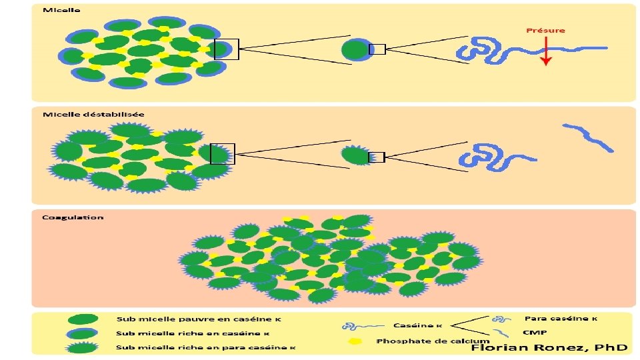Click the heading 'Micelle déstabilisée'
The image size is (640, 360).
[93, 114]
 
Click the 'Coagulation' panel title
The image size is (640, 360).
[73, 217]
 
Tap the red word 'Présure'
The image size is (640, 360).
[545, 30]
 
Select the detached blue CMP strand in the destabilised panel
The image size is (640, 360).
[587, 137]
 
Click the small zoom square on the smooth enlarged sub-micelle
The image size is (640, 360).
[377, 49]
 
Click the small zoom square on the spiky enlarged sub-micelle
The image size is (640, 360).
[377, 157]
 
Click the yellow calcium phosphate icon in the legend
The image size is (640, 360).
[355, 341]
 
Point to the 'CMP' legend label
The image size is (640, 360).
[531, 332]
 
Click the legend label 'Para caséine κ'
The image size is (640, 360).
[561, 318]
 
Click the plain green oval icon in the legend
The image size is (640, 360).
[83, 319]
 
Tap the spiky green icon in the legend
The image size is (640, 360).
[83, 347]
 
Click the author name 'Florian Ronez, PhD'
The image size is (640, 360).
[549, 347]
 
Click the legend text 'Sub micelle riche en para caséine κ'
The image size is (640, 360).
[206, 347]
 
